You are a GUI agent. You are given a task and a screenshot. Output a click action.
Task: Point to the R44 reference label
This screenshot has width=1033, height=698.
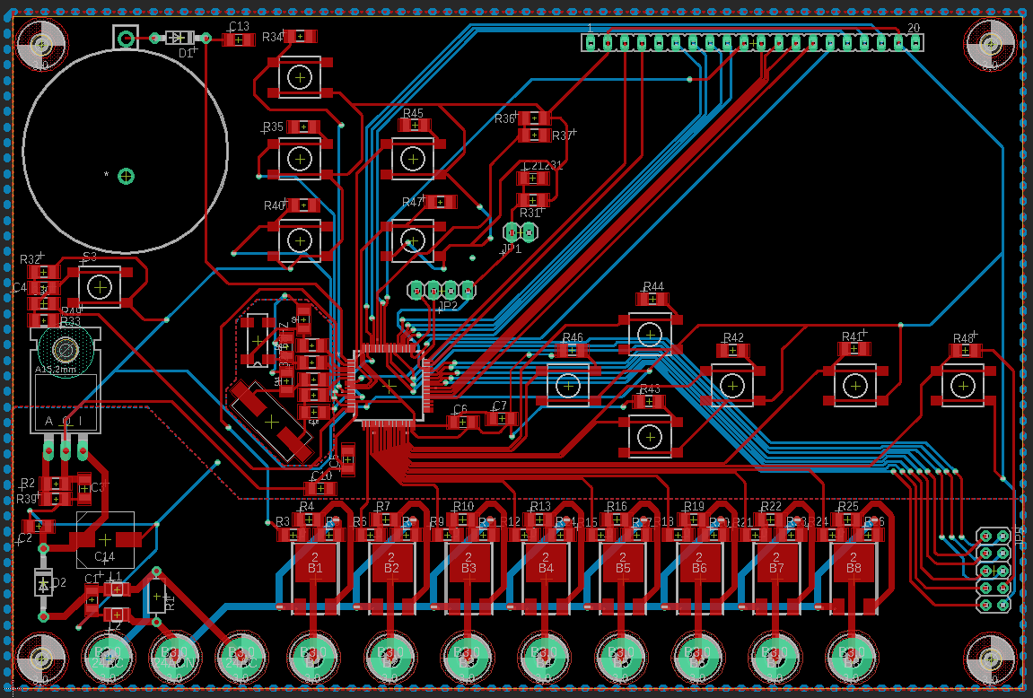[x=652, y=287]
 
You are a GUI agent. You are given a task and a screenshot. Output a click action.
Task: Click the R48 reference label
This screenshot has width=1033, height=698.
[x=963, y=338]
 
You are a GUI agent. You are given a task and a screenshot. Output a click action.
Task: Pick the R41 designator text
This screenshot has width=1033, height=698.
[x=852, y=336]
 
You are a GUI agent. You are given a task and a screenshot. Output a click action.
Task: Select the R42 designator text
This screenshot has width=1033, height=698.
[x=733, y=338]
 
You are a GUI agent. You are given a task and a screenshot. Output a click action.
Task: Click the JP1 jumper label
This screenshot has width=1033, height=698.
[x=512, y=249]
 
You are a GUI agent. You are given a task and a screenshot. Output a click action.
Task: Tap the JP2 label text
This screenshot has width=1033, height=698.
[x=447, y=306]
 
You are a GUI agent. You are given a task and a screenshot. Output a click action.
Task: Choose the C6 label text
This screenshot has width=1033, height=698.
[x=460, y=409]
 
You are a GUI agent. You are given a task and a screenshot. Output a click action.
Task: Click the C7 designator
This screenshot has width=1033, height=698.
[x=500, y=406]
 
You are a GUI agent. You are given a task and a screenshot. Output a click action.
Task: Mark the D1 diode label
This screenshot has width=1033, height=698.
[x=186, y=53]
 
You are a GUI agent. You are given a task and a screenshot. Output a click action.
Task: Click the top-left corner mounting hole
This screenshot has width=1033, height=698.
[x=41, y=44]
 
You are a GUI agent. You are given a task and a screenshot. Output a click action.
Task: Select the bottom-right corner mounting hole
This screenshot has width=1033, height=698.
[x=990, y=658]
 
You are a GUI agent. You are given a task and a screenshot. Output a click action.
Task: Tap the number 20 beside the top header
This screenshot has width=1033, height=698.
[x=914, y=29]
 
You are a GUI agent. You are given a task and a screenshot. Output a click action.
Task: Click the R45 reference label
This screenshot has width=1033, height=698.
[x=413, y=114]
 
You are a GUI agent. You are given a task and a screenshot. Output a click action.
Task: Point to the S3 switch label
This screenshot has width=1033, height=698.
[x=90, y=257]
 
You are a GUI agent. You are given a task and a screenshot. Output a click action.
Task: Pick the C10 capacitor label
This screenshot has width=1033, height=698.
[x=321, y=476]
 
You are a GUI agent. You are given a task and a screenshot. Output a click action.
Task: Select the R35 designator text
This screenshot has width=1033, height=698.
[x=273, y=127]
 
